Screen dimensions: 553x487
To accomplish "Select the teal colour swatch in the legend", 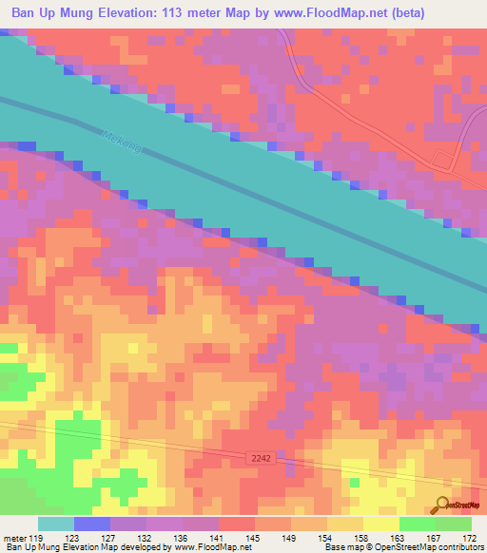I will tap(56, 524).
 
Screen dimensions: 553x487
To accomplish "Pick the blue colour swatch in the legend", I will tap(92, 524).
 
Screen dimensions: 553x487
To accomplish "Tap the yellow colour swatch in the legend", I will tap(380, 524).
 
